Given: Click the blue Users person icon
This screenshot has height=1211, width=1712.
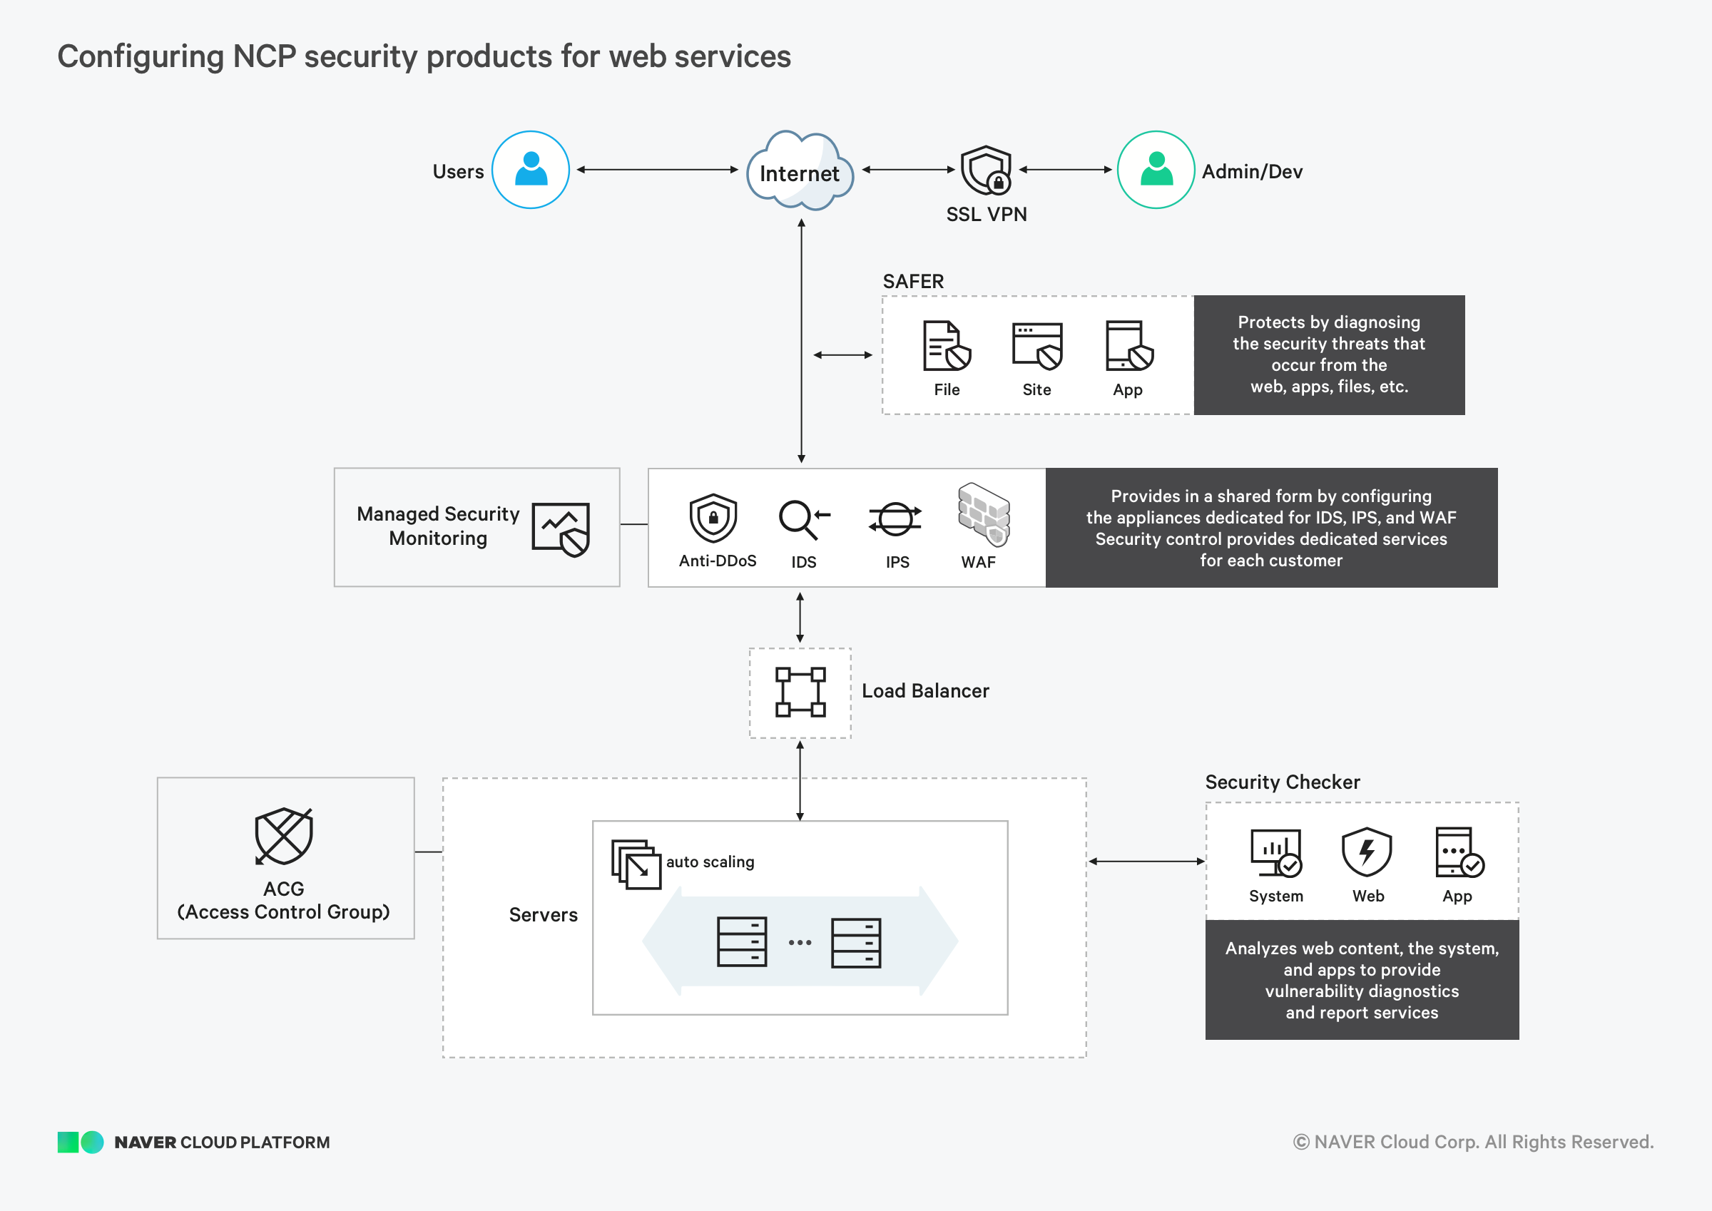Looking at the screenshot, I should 530,170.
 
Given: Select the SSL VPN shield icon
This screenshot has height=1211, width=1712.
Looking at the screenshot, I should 986,170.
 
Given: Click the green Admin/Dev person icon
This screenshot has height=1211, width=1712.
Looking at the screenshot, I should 1156,170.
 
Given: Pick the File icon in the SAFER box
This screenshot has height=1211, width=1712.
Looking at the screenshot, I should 946,346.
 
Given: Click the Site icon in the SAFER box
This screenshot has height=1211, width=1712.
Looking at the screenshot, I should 1036,346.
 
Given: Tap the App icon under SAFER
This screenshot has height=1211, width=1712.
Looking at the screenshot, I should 1128,346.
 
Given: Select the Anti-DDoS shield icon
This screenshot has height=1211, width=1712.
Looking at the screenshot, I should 713,518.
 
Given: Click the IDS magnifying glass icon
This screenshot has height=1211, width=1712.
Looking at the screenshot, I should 802,519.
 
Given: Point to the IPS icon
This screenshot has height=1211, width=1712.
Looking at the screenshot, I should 895,519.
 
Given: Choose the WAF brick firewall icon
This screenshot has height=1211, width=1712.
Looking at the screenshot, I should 984,514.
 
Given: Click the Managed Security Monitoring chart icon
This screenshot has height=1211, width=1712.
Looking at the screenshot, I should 561,528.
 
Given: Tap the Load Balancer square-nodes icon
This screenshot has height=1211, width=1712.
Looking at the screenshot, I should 800,692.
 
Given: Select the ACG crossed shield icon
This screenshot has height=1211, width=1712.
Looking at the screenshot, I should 283,836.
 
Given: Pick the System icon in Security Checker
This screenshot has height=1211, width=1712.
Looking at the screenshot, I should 1276,852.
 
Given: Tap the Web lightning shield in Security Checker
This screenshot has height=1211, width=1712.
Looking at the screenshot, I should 1366,852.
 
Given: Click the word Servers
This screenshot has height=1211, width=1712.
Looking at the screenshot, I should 543,915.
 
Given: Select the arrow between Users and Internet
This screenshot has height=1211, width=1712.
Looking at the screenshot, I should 657,170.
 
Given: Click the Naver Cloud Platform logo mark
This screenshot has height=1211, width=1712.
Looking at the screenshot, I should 81,1142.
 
